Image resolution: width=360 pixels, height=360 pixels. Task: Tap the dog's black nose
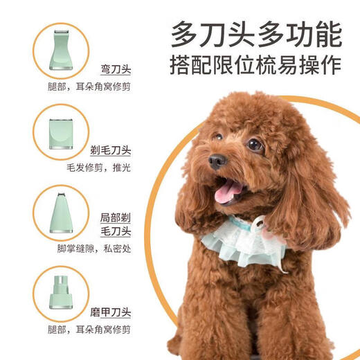[217, 161]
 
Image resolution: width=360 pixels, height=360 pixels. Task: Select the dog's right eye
[255, 145]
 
